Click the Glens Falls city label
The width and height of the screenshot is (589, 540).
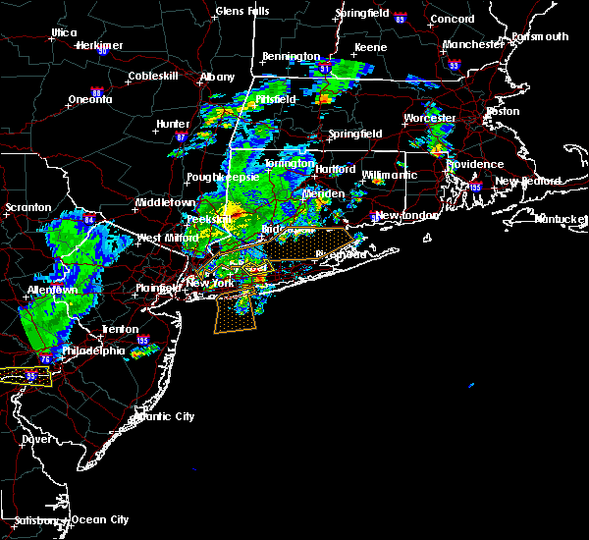click(241, 12)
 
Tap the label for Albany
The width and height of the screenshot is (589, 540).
click(217, 77)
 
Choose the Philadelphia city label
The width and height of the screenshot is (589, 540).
click(95, 351)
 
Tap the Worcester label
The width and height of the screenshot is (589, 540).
click(430, 119)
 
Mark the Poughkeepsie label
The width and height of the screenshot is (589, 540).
click(222, 178)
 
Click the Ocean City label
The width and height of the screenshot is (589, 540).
click(101, 519)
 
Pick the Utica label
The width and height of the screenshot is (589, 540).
click(64, 32)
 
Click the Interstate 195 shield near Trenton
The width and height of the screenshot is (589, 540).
click(142, 342)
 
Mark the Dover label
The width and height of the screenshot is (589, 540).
click(35, 440)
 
